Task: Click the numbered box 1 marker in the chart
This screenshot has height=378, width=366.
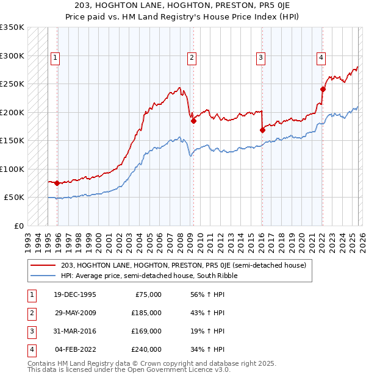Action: pos(55,58)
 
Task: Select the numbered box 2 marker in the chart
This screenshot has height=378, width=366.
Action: pos(192,58)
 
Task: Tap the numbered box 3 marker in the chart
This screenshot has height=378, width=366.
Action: pos(260,58)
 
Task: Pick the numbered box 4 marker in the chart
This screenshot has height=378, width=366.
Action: pos(320,58)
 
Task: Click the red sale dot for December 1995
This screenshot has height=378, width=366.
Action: pos(57,183)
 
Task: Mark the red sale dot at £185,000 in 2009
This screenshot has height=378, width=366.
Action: pos(193,121)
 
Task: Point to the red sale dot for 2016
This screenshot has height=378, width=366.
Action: pos(262,130)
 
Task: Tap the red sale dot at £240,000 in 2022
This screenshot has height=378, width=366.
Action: pos(323,90)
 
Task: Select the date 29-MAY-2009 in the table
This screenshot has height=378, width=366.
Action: pos(75,312)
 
